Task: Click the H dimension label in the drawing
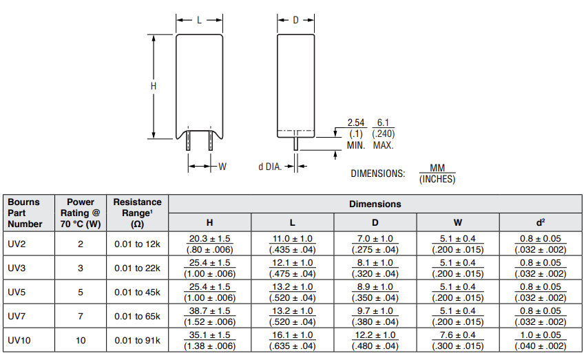[x=154, y=86]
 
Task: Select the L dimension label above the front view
[x=200, y=20]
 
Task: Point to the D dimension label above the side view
[x=295, y=20]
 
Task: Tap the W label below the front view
[x=222, y=166]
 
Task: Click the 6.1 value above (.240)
[x=384, y=123]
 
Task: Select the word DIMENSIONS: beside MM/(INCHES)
[x=377, y=173]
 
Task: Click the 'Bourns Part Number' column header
[x=25, y=213]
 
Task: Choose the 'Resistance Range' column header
[x=137, y=213]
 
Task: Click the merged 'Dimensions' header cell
[x=375, y=204]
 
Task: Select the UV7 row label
[x=17, y=316]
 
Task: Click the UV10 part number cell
[x=19, y=340]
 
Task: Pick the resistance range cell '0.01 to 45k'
[x=137, y=292]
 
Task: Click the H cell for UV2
[x=210, y=244]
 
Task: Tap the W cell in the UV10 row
[x=458, y=340]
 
